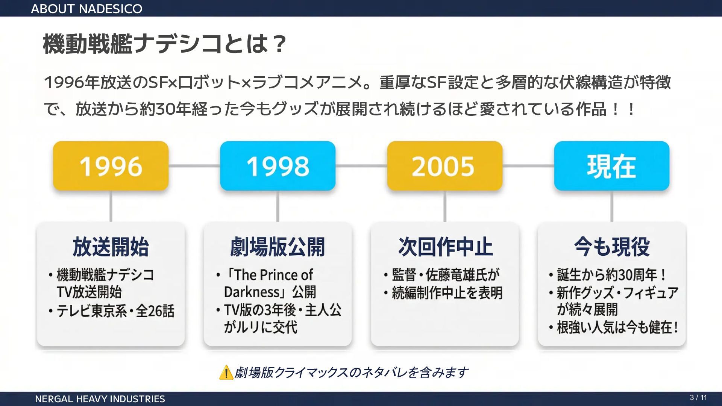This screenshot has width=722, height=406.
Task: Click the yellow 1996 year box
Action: click(111, 166)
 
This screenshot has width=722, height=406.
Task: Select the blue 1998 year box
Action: click(278, 166)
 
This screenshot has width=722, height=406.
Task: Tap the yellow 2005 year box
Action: click(444, 166)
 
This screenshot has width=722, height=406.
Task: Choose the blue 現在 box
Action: click(611, 166)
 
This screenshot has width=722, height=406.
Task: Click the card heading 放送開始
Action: click(111, 247)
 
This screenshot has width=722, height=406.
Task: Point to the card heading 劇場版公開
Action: click(278, 247)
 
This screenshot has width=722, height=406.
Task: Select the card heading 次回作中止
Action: click(445, 247)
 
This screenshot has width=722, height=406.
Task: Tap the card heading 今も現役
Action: click(612, 247)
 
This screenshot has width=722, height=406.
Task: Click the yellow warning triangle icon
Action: click(226, 373)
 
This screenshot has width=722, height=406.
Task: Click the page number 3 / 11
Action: click(698, 398)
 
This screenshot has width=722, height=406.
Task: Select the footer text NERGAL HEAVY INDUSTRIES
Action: click(100, 399)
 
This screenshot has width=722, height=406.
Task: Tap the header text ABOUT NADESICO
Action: click(86, 9)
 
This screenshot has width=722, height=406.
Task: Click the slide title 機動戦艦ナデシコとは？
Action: click(165, 44)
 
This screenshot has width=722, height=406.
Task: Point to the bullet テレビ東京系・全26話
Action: click(115, 311)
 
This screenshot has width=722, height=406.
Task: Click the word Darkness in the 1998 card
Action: click(252, 292)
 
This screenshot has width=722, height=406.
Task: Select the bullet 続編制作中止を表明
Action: click(447, 293)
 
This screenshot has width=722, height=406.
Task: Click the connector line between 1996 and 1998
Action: click(194, 166)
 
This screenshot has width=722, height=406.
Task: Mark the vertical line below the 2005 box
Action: click(445, 206)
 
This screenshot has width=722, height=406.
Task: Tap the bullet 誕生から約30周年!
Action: click(611, 275)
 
